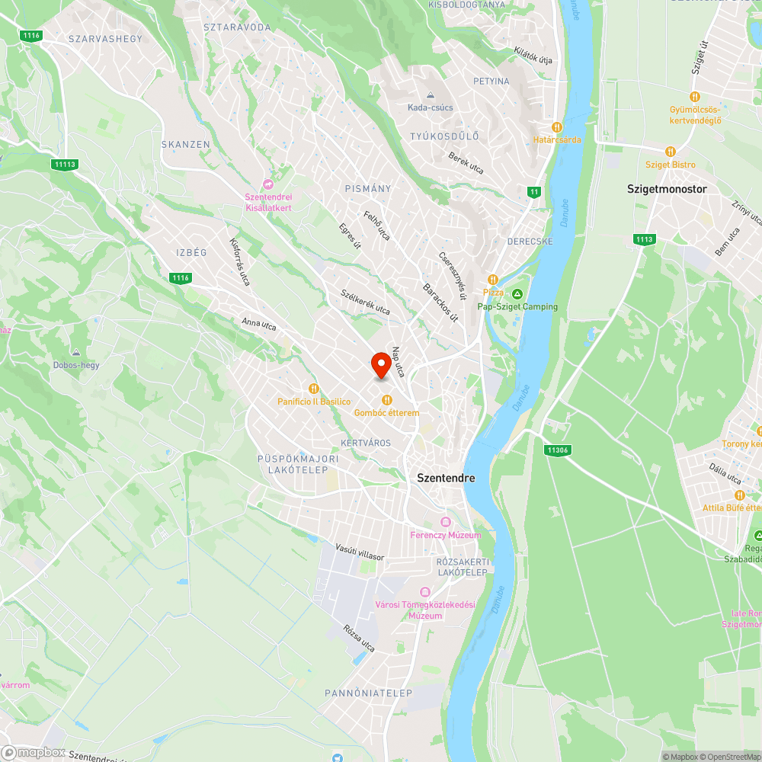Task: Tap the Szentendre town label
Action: point(446,478)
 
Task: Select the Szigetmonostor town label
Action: point(667,188)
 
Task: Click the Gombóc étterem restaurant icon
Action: point(387,399)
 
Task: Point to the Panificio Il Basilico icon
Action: point(312,389)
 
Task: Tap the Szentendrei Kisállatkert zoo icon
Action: point(268,184)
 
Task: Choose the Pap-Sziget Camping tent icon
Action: point(517,294)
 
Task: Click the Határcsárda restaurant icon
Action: point(557,127)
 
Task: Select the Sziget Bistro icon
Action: point(671,152)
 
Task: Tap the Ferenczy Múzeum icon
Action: point(446,522)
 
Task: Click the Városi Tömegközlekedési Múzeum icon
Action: point(425,592)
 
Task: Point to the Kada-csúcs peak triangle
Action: point(431,95)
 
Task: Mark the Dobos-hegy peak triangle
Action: point(76,353)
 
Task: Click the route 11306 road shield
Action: point(558,450)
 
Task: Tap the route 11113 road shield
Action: point(65,164)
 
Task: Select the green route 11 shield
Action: point(534,191)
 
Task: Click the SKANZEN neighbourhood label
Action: point(185,144)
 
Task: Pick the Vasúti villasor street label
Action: point(360,552)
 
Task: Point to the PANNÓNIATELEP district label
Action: point(368,693)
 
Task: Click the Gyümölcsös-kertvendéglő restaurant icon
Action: point(694,97)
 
